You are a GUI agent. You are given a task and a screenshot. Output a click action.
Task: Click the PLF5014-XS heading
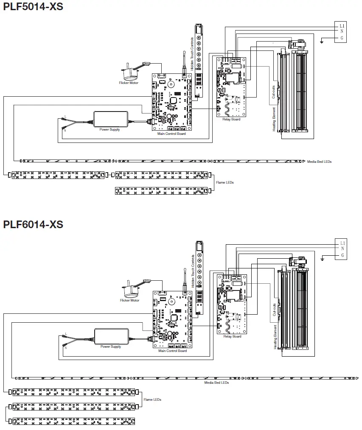[33, 7]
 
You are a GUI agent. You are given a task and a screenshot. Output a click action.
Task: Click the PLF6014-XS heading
[33, 224]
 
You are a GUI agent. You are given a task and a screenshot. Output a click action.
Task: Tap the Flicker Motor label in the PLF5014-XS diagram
[129, 83]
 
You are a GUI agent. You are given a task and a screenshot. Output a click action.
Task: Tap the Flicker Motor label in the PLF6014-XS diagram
[129, 300]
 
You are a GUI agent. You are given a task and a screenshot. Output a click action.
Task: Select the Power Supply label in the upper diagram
[109, 129]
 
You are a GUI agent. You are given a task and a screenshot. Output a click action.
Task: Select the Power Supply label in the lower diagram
[111, 346]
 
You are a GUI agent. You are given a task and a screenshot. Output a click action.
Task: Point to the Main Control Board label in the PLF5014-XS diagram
[171, 134]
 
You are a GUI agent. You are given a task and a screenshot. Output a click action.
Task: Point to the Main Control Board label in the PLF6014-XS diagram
[172, 351]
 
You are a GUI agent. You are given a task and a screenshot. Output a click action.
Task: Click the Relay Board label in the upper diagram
[231, 119]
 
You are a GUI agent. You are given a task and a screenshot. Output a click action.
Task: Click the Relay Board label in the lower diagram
[232, 336]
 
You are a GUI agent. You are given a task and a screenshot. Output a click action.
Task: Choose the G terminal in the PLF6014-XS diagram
[342, 256]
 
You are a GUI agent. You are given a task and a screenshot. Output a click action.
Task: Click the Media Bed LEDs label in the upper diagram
[319, 162]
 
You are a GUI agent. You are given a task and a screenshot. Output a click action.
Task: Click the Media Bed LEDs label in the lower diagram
[216, 383]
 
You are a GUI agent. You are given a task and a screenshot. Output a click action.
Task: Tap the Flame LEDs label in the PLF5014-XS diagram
[225, 182]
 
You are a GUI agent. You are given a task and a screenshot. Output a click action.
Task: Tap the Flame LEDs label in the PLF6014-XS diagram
[152, 399]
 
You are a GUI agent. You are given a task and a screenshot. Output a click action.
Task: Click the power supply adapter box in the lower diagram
[111, 336]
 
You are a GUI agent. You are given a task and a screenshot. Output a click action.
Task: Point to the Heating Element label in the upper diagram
[275, 119]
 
